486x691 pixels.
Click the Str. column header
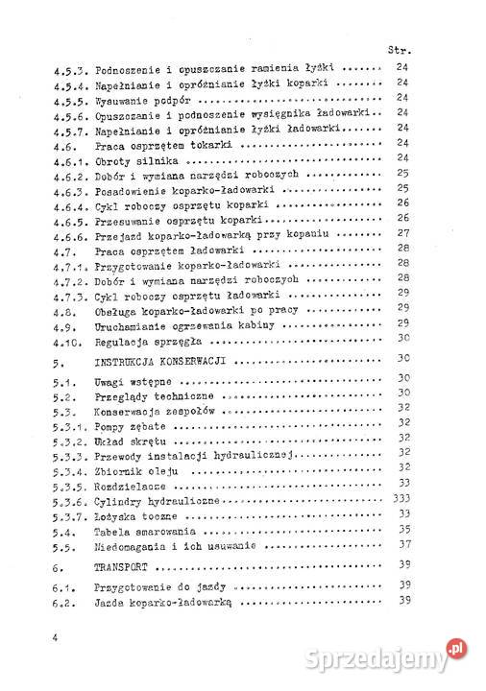399,48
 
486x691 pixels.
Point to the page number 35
403,529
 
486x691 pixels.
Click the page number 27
403,232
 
